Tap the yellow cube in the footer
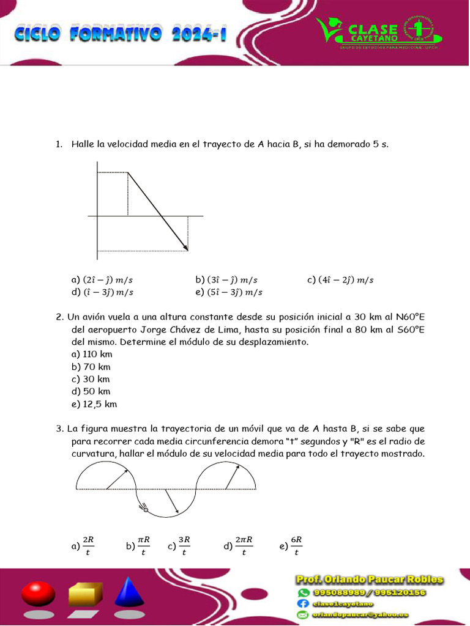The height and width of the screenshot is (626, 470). [x=85, y=594]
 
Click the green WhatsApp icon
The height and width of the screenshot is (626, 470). [x=304, y=592]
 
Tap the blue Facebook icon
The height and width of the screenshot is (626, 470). [x=304, y=603]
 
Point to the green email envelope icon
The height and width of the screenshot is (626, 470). [x=304, y=614]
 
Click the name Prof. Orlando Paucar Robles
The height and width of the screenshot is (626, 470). [x=369, y=580]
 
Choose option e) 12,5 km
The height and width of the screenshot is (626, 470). [x=94, y=404]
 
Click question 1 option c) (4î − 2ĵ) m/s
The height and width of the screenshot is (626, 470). [x=340, y=280]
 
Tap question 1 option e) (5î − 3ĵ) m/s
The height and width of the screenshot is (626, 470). [x=229, y=292]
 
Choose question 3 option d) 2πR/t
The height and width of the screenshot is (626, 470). [x=239, y=546]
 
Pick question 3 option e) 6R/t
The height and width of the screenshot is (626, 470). [x=291, y=546]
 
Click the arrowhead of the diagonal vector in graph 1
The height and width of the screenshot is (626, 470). [x=185, y=248]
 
